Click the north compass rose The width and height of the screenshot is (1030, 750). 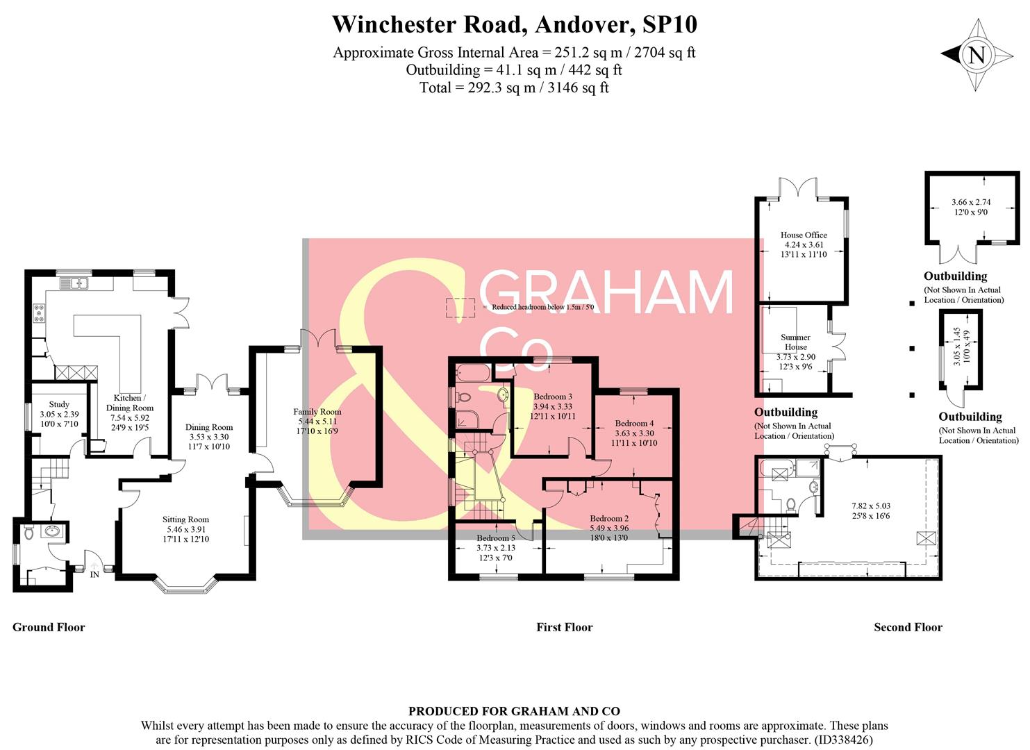pos(977,55)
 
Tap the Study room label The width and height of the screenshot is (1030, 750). pos(59,404)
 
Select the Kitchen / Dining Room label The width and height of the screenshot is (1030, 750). pos(129,403)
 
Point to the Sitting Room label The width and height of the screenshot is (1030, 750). pos(185,519)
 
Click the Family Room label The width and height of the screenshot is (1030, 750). pos(317,412)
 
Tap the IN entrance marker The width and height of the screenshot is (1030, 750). pos(94,574)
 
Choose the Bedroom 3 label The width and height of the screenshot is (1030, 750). pos(553,397)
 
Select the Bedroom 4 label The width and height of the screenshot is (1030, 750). pos(634,423)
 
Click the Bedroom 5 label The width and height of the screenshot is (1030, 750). pos(496,537)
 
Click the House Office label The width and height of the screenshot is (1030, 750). pos(804,235)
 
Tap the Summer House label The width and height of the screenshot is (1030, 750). pos(796,342)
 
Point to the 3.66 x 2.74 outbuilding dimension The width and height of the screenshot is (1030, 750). pos(970,203)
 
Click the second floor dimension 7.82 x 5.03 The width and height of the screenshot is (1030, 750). pos(871,506)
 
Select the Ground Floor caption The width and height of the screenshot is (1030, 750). pos(49,627)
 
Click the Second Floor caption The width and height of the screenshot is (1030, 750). pos(908,627)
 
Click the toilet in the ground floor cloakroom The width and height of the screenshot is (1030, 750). pos(28,534)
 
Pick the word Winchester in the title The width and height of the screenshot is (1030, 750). pos(393,24)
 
